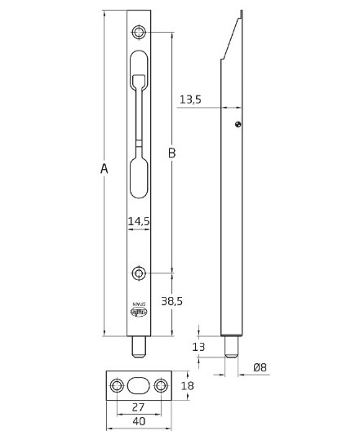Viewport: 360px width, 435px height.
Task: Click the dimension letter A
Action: [104, 169]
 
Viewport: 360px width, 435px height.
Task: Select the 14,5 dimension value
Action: [139, 221]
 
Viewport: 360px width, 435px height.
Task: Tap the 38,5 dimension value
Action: [171, 301]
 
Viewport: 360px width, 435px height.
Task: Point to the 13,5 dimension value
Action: [189, 100]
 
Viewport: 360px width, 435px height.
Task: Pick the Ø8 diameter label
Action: [260, 367]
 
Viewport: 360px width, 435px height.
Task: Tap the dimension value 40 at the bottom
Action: [140, 421]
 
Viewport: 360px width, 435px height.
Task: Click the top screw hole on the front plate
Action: [140, 32]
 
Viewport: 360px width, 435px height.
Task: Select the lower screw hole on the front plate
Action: [140, 273]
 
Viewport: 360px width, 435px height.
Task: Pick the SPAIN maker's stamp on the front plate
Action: [139, 311]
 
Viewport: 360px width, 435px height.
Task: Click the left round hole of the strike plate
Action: [116, 385]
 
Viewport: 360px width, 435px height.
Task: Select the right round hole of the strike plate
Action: [161, 385]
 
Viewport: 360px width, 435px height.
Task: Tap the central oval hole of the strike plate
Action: [139, 385]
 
